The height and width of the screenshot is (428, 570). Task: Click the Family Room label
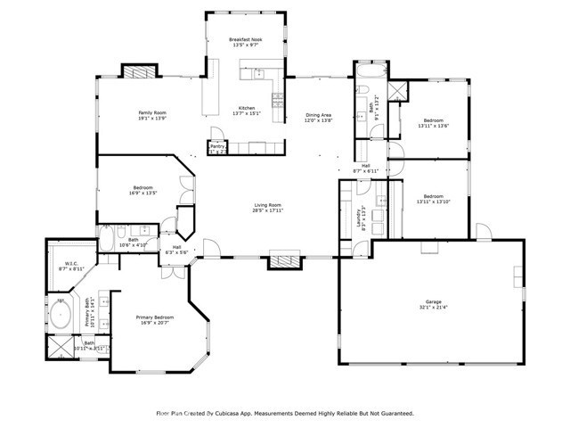coord(151,112)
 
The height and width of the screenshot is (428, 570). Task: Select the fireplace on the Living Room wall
coord(286,261)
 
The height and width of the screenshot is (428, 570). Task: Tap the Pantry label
coord(217,145)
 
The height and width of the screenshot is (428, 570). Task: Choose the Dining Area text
coord(319,114)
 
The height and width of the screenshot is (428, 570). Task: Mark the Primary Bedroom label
coord(155,317)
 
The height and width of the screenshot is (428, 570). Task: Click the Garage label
coord(433,302)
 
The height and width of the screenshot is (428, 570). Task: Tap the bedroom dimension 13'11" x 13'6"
coord(433,126)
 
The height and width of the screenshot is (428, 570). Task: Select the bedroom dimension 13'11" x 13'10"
coord(433,202)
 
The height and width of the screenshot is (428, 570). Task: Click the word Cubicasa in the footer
coord(230,413)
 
